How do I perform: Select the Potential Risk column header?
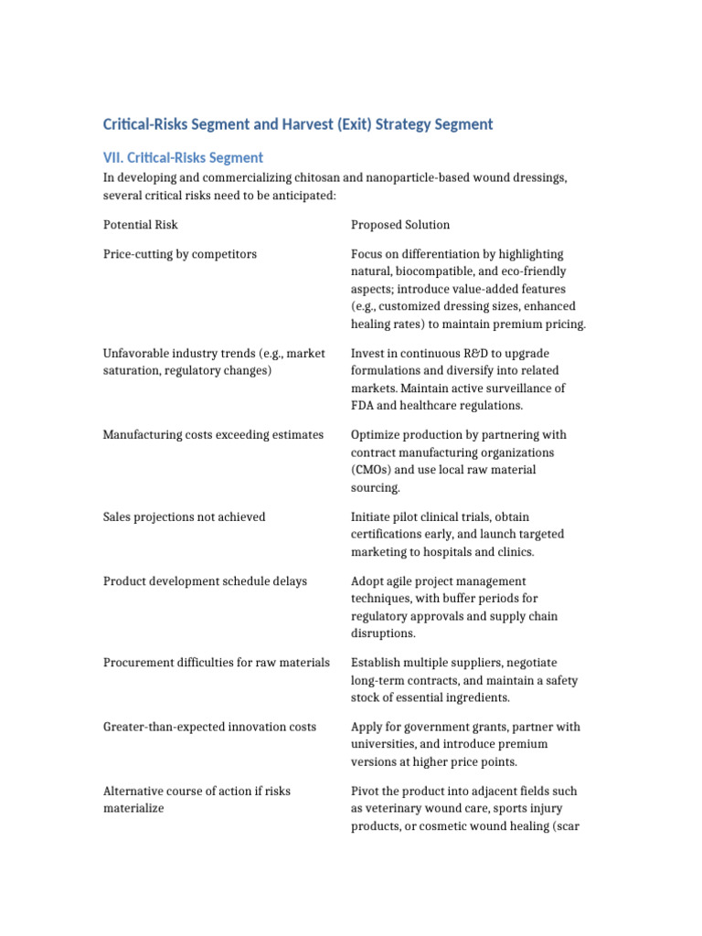[141, 224]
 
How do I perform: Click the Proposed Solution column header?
[400, 224]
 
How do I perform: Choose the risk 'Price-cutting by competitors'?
[180, 254]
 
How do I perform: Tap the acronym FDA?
[365, 406]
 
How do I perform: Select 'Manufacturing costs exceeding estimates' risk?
[213, 435]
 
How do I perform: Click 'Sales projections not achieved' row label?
[185, 517]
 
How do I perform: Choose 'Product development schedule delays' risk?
[205, 581]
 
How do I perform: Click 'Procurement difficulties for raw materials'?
[217, 663]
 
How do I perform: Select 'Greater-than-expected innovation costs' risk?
[209, 727]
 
